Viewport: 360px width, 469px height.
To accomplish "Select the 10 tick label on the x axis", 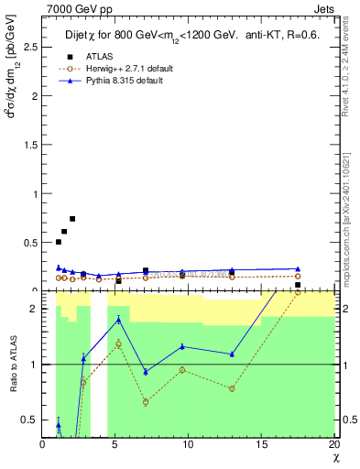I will click(x=187, y=444).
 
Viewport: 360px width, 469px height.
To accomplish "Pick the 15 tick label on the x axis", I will click(x=259, y=444).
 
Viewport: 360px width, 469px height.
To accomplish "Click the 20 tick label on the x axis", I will click(x=333, y=444).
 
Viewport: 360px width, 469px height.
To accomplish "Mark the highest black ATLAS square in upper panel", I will click(x=72, y=219).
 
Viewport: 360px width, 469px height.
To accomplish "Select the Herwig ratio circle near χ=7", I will click(x=146, y=402).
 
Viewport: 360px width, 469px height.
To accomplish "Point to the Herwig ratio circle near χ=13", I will click(x=232, y=388).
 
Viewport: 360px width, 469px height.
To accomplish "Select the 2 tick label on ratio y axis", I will click(x=30, y=309).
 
